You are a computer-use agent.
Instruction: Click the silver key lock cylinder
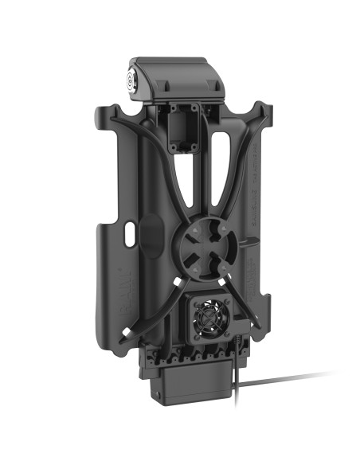tap(132, 80)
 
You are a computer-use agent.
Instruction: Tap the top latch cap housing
tap(179, 76)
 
